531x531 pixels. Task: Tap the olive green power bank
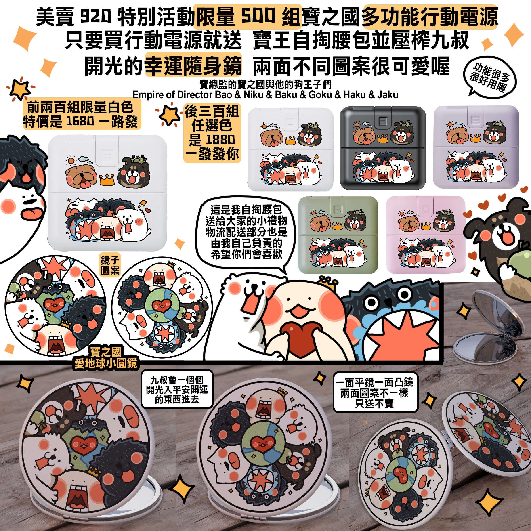tap(338, 235)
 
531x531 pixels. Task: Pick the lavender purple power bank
tap(476, 147)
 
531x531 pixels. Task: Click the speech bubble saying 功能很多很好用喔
tap(489, 78)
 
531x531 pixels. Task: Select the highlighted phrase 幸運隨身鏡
tap(193, 65)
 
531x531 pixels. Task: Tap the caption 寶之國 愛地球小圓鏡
tap(106, 358)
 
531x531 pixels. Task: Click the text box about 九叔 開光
tap(177, 389)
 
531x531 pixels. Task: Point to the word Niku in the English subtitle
tap(252, 95)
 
